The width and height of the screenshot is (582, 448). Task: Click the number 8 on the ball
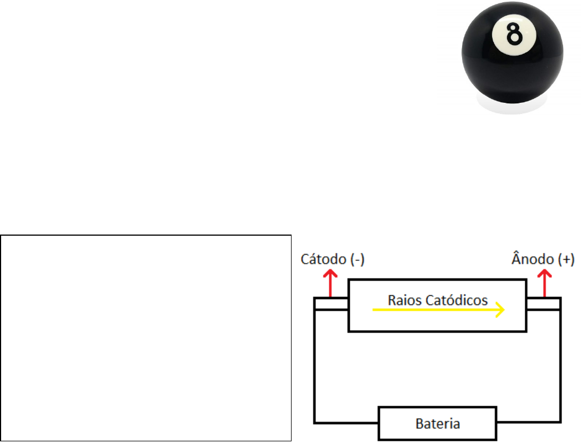tap(514, 35)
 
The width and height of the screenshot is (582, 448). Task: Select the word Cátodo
tap(321, 260)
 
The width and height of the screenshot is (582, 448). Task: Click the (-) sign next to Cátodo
tap(355, 260)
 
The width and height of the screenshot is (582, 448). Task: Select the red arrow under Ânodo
tap(544, 283)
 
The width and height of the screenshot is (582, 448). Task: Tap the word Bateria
tap(438, 424)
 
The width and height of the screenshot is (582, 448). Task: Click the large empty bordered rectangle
tap(146, 338)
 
